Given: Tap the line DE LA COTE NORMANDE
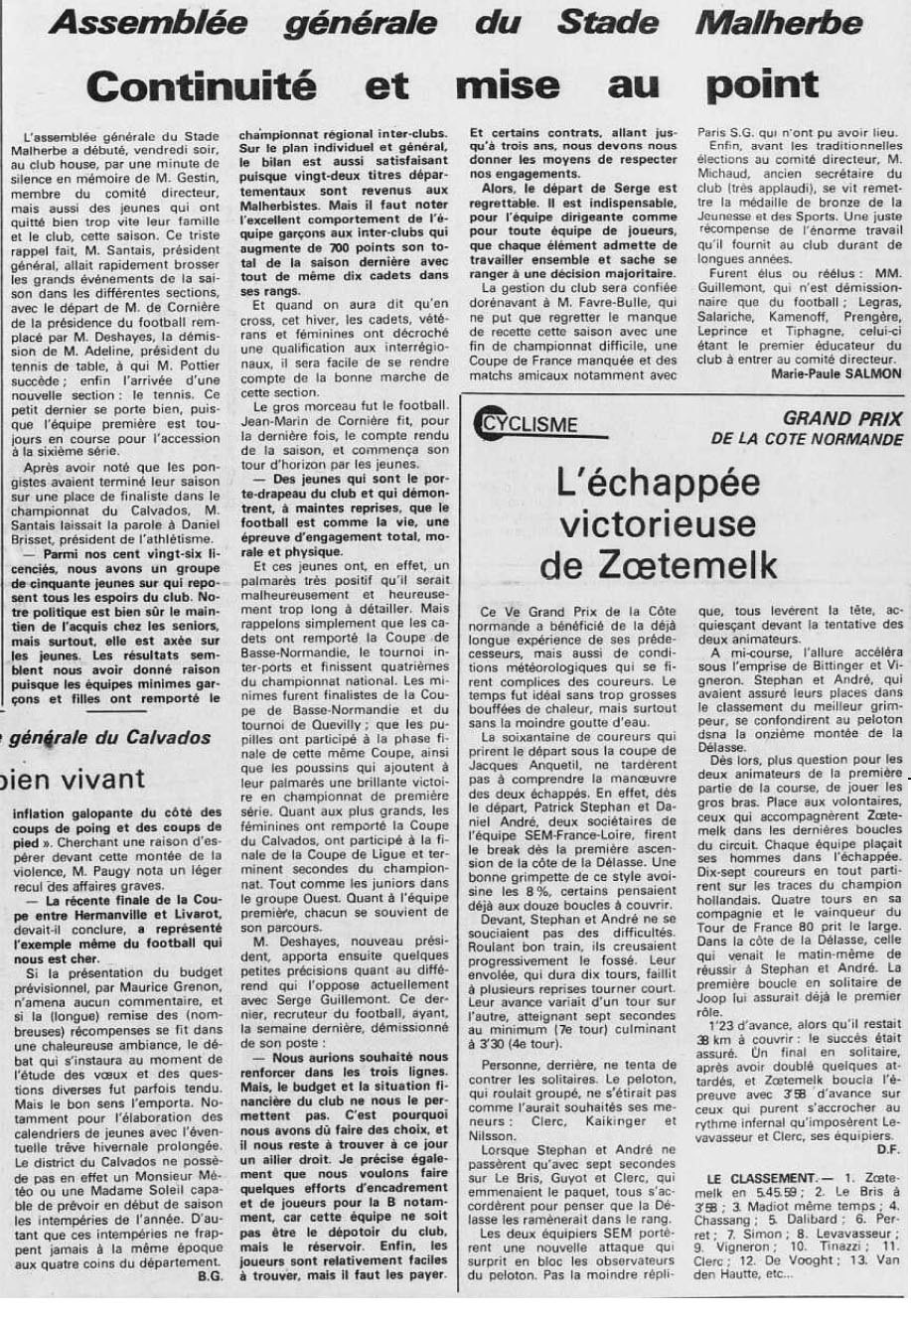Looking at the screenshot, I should click(x=807, y=439).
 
